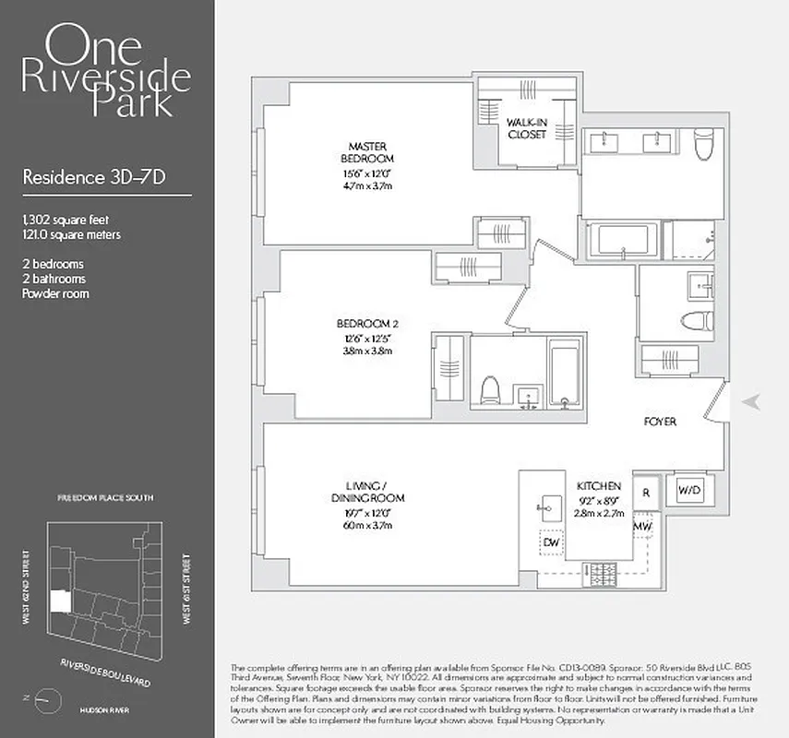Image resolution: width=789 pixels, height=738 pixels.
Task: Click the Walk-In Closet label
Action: (x=527, y=127)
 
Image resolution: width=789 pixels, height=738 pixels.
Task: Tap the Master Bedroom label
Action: (x=367, y=153)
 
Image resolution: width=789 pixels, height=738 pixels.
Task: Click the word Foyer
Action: (x=660, y=422)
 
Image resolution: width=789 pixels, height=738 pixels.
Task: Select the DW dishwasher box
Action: (x=552, y=542)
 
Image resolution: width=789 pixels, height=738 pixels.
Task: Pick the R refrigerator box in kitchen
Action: (x=646, y=492)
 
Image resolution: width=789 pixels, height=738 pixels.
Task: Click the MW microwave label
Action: (x=643, y=527)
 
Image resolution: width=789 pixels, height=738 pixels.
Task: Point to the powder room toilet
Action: (x=696, y=320)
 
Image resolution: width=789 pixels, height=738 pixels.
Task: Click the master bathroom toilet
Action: (x=705, y=145)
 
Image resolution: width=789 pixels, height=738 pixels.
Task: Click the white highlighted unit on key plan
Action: (x=59, y=601)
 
